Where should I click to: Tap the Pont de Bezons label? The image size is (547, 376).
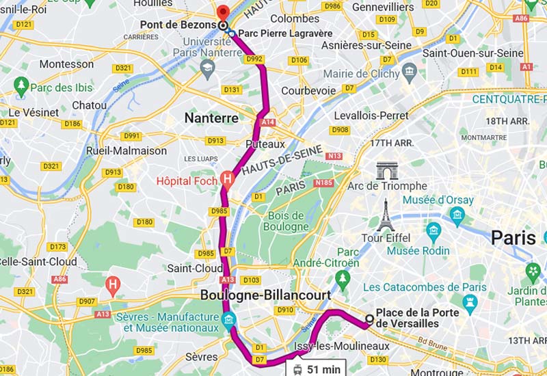(x=178, y=25)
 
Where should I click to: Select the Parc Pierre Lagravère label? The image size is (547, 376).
(x=285, y=33)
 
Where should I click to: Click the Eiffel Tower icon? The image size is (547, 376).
(x=386, y=215)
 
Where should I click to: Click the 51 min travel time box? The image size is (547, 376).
(x=316, y=368)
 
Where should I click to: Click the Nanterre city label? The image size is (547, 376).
(x=211, y=118)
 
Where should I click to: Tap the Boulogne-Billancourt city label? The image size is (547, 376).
(x=265, y=295)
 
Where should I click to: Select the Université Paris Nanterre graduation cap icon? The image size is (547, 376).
(x=207, y=67)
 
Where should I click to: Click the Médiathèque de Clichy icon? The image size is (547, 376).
(x=410, y=70)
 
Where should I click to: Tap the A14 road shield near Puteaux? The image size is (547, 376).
(x=268, y=122)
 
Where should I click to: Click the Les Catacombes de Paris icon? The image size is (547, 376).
(x=469, y=301)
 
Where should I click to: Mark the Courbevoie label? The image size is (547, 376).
(x=308, y=90)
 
